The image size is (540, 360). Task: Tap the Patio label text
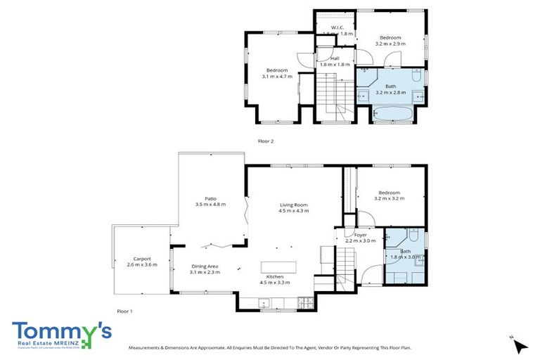click(x=210, y=199)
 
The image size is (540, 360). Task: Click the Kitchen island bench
click(x=280, y=267)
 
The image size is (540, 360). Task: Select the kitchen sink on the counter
click(x=264, y=304)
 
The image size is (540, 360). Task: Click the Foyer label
click(x=361, y=235)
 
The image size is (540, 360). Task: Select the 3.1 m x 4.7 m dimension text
click(x=277, y=76)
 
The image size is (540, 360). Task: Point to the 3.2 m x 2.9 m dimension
click(x=390, y=44)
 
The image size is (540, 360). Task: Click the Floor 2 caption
click(x=266, y=141)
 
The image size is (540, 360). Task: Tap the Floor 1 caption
click(x=124, y=311)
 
